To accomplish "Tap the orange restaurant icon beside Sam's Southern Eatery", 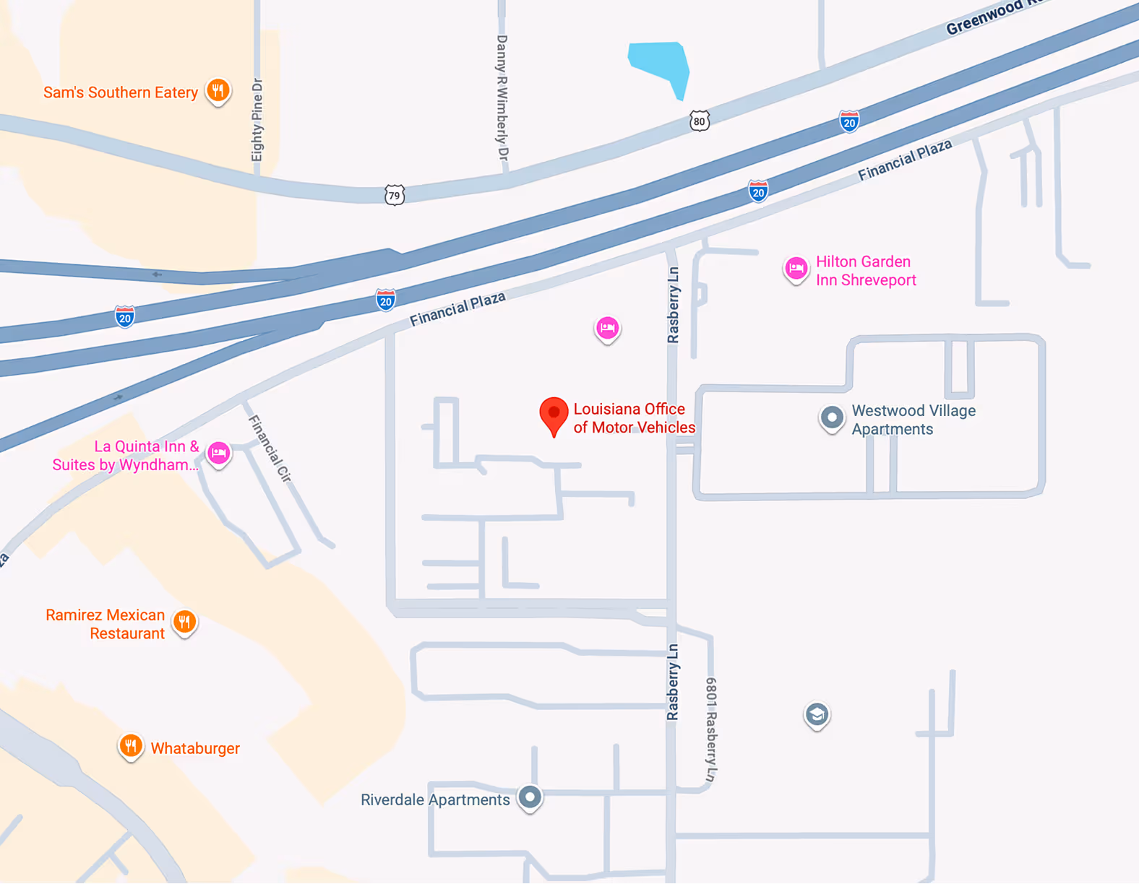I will point(218,91).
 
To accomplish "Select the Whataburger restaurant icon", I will point(130,746).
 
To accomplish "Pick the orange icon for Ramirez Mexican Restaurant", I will point(185,622).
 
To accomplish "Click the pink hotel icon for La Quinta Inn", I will point(219,454).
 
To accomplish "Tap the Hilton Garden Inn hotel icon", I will point(796,269).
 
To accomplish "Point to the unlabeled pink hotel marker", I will point(607,329).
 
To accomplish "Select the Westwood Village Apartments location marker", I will point(832,417).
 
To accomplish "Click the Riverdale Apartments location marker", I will point(530,797).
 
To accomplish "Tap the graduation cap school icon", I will point(817,715).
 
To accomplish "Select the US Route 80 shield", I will point(699,121).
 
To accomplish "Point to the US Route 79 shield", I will point(394,195).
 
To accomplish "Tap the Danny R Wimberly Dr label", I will point(502,98).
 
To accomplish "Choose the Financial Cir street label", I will point(270,448).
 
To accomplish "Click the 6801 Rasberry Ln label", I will point(711,729).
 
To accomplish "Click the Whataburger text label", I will point(195,748).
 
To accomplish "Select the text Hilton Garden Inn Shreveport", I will point(866,271).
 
